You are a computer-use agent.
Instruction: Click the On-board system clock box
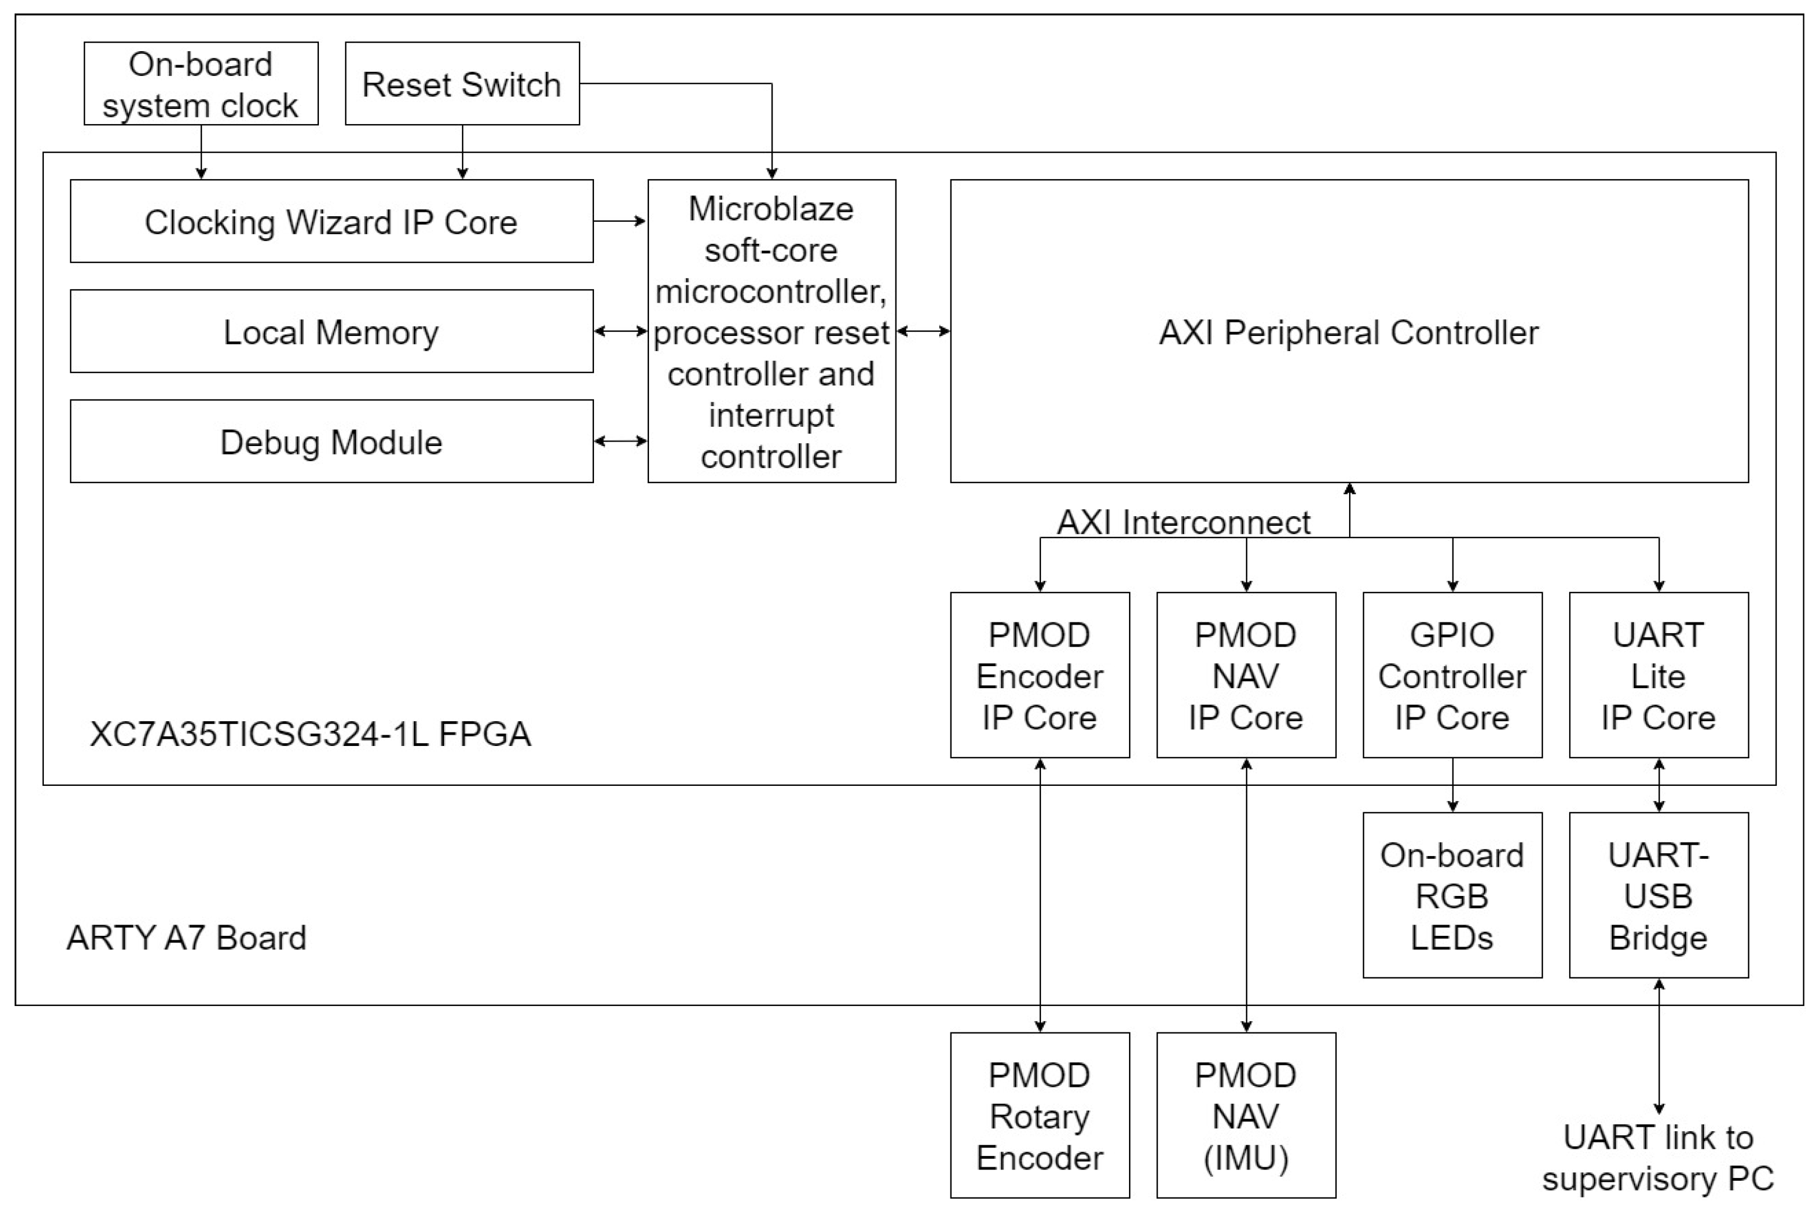pyautogui.click(x=200, y=84)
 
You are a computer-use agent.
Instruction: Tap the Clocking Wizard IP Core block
pyautogui.click(x=331, y=222)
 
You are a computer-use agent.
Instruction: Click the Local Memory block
pyautogui.click(x=331, y=331)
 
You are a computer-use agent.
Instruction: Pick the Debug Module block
pyautogui.click(x=331, y=442)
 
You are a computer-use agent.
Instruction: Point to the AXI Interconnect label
pyautogui.click(x=1183, y=522)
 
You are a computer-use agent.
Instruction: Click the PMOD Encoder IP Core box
pyautogui.click(x=1039, y=675)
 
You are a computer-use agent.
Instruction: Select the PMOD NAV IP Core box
pyautogui.click(x=1245, y=675)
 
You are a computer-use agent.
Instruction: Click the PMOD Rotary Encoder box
pyautogui.click(x=1039, y=1115)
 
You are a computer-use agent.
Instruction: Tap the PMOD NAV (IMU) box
pyautogui.click(x=1245, y=1115)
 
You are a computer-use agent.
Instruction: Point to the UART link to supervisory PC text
pyautogui.click(x=1657, y=1158)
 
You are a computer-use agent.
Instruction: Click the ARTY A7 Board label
pyautogui.click(x=186, y=938)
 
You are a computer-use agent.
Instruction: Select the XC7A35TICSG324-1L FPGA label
pyautogui.click(x=310, y=734)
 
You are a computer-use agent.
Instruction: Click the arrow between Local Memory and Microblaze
pyautogui.click(x=620, y=331)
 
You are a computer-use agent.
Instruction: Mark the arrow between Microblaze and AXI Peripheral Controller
pyautogui.click(x=922, y=331)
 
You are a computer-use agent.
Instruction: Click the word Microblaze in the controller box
pyautogui.click(x=771, y=209)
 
